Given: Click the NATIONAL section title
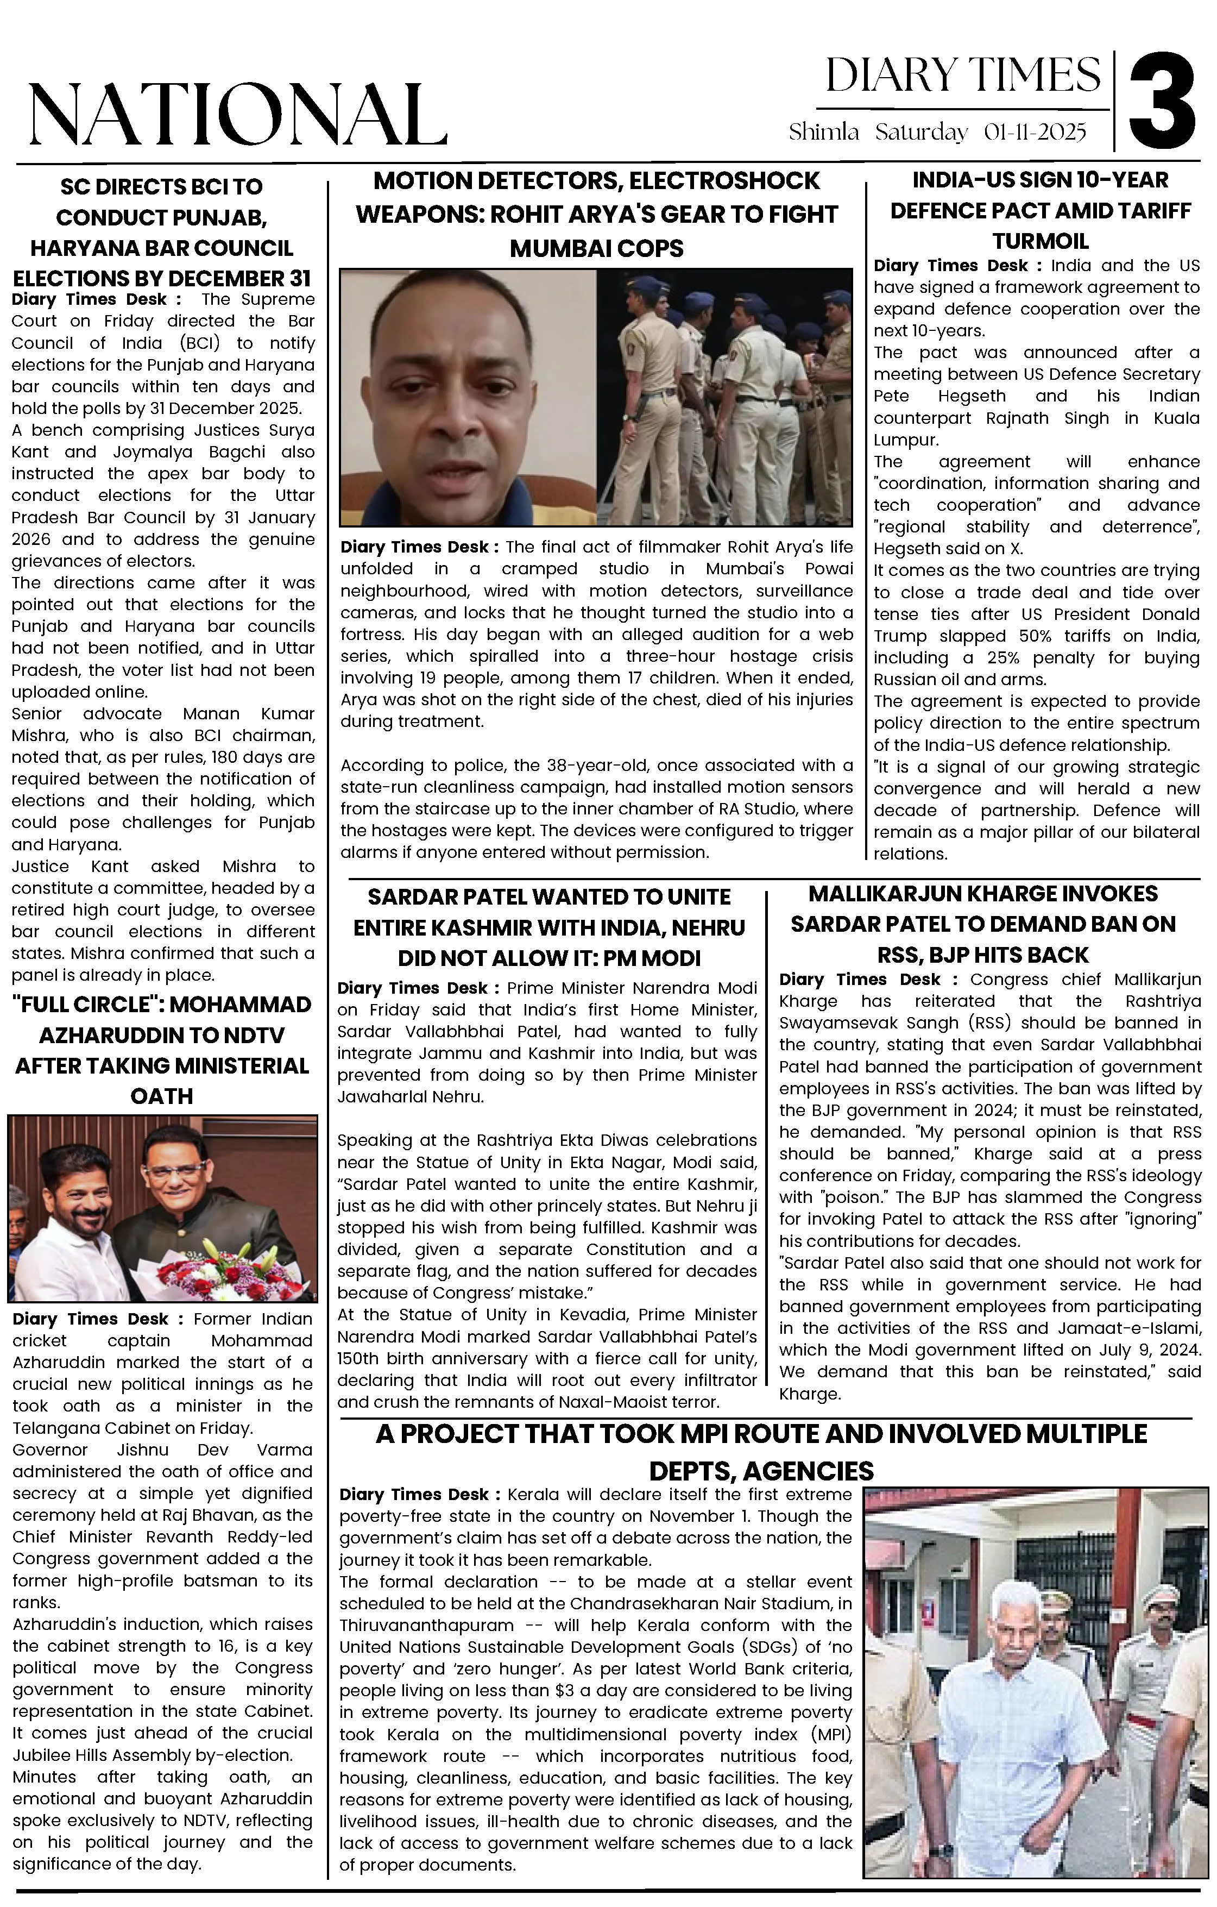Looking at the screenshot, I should tap(237, 115).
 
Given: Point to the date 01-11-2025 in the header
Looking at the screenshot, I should tap(1035, 132).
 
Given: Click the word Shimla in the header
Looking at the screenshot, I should tap(823, 132).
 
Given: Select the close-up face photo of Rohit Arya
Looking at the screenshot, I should tap(468, 398).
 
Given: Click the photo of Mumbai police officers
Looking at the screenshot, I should tap(724, 398).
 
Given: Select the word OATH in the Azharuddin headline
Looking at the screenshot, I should tap(161, 1097).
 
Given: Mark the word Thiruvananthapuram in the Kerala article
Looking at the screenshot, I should tap(427, 1625).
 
